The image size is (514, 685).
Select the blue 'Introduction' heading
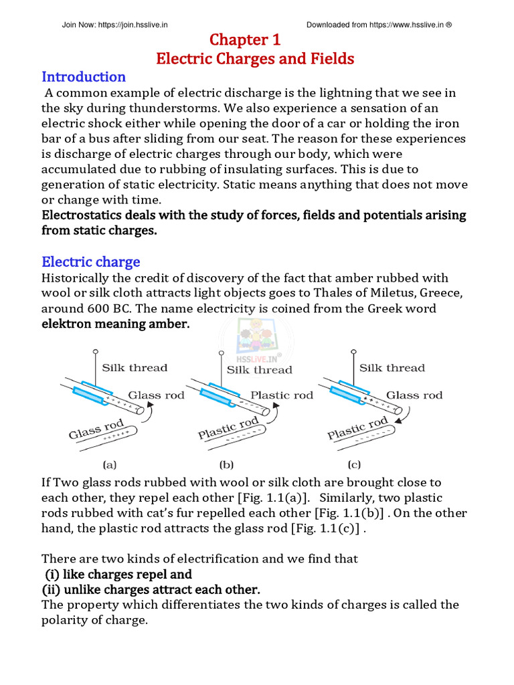84,76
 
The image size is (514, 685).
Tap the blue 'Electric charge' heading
91,262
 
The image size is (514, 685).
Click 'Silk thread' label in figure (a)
135,367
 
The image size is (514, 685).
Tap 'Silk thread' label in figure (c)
392,367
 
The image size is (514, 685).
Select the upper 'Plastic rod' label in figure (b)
281,395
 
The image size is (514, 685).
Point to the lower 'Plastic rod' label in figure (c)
357,428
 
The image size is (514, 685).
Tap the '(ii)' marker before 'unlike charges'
55,589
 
